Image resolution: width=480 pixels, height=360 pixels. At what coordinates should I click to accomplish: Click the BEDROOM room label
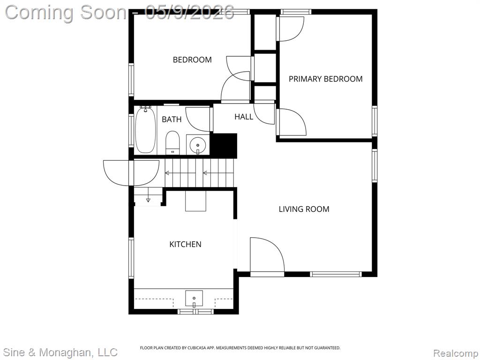(192, 60)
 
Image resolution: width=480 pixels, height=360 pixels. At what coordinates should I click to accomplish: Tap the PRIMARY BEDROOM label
(326, 79)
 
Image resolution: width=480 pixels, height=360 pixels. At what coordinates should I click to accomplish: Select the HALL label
(244, 117)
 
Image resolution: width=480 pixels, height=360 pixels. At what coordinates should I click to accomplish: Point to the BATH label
(172, 119)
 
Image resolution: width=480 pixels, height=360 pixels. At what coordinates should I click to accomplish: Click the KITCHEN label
(185, 244)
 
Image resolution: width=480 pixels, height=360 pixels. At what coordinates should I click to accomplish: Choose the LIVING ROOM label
(304, 209)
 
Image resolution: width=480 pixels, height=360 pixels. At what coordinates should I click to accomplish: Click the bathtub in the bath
(146, 130)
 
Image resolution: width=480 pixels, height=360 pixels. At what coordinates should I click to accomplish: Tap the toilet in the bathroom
(172, 142)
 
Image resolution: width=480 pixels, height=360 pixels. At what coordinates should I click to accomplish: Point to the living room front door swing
(267, 254)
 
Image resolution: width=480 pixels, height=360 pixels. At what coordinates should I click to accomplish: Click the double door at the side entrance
(131, 172)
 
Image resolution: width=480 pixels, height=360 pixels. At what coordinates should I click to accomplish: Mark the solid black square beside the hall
(225, 146)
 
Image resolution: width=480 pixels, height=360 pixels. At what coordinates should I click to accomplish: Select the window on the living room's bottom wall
(336, 274)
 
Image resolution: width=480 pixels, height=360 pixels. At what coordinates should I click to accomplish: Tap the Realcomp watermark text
(456, 353)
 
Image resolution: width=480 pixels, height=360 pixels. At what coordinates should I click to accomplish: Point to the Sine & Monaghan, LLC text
(60, 352)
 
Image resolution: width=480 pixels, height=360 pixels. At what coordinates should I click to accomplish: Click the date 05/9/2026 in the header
(189, 12)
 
